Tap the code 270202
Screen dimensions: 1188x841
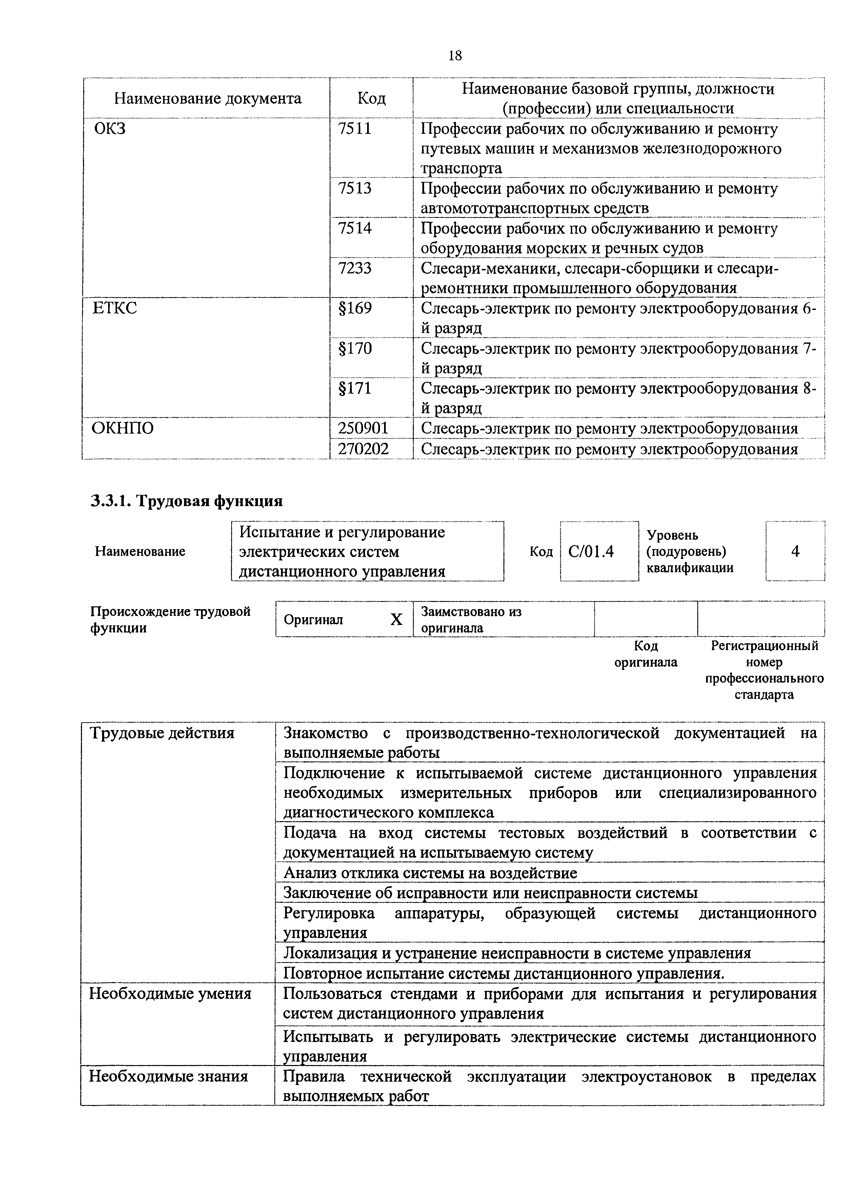pyautogui.click(x=363, y=449)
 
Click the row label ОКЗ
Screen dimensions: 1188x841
pyautogui.click(x=110, y=128)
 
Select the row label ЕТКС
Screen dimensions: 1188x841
pyautogui.click(x=115, y=308)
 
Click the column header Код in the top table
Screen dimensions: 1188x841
pyautogui.click(x=371, y=98)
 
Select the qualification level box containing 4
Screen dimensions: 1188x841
pyautogui.click(x=795, y=551)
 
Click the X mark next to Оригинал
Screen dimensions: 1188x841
pyautogui.click(x=396, y=619)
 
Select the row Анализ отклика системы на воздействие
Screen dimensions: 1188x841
pyautogui.click(x=430, y=873)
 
